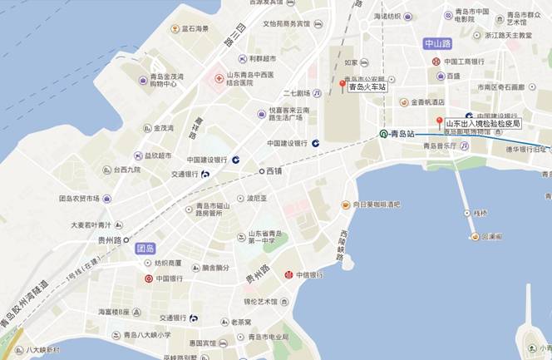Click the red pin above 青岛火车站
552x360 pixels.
pos(342,86)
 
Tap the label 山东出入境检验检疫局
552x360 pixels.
pos(482,123)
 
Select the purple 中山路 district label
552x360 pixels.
pos(436,43)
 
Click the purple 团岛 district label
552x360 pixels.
pos(145,248)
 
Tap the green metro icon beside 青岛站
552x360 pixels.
pos(383,133)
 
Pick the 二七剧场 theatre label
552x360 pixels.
pos(297,93)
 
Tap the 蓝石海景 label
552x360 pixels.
pos(196,28)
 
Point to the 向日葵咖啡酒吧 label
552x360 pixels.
pos(376,204)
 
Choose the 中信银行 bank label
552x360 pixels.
pos(315,274)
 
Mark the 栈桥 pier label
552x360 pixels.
pos(480,212)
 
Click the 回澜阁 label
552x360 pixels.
pos(492,236)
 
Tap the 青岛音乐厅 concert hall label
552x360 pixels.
pos(440,145)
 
